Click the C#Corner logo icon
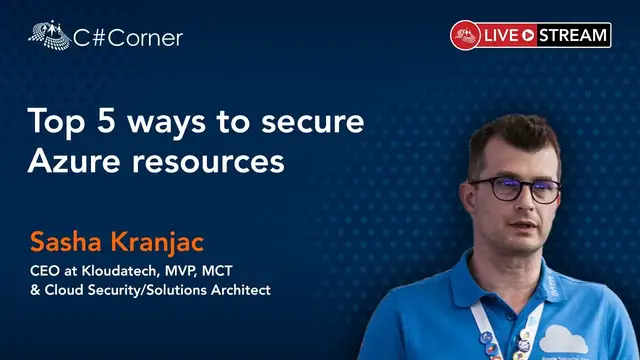coord(48,35)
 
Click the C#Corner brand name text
coord(128,38)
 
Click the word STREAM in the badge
coord(573,35)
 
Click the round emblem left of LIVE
coord(464,35)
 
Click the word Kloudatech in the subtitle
coord(117,270)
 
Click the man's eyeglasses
coord(514,188)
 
